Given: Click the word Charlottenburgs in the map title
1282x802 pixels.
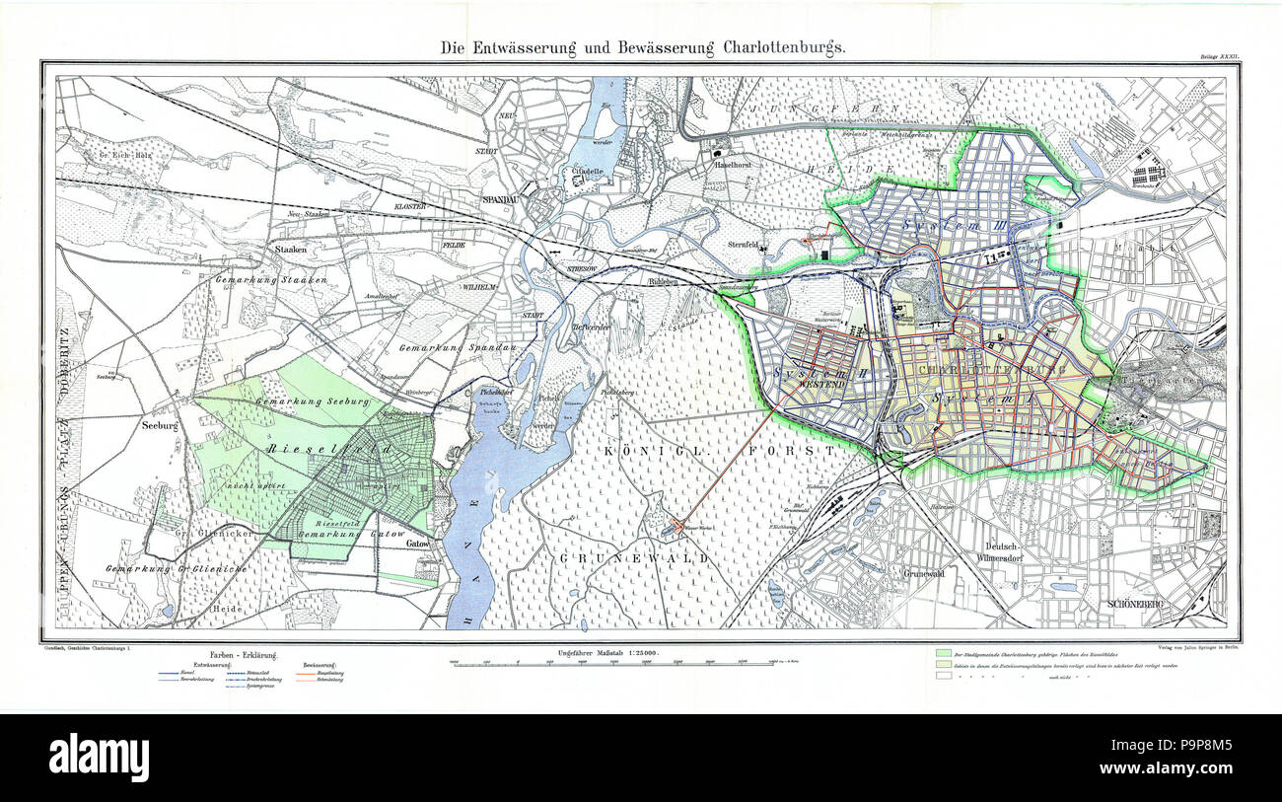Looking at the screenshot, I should click(781, 47).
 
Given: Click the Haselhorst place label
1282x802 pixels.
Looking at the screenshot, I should click(734, 165).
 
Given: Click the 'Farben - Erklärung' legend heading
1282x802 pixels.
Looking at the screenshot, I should click(243, 656).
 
